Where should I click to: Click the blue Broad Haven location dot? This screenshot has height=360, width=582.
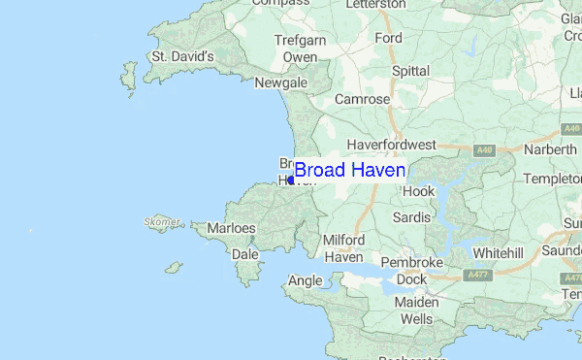click(291, 180)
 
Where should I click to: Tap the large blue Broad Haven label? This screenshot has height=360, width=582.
click(350, 171)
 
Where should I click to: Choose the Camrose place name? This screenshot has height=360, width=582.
click(362, 99)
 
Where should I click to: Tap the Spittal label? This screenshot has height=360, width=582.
click(411, 71)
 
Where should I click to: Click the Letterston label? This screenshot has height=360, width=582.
click(376, 4)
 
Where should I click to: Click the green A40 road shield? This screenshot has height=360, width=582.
click(486, 150)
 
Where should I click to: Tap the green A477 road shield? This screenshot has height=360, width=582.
click(476, 275)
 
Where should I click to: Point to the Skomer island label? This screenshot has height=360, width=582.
click(161, 222)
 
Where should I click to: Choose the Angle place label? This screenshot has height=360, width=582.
click(305, 281)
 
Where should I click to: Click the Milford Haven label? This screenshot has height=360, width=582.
click(343, 248)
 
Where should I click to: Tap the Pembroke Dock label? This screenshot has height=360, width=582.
click(411, 271)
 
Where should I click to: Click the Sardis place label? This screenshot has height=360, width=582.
click(411, 217)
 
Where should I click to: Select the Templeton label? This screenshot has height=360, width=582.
click(552, 180)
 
